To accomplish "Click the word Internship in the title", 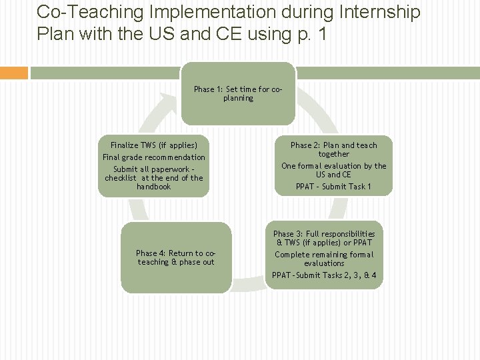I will (x=381, y=12).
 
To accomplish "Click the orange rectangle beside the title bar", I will (x=14, y=73).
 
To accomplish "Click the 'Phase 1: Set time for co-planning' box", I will (x=238, y=93).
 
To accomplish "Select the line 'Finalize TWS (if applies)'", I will (x=154, y=145).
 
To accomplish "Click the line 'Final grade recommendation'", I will (x=154, y=157).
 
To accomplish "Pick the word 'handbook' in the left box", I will (x=154, y=187).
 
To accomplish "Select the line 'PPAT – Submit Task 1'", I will (x=333, y=187).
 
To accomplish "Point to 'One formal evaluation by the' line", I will (x=333, y=166).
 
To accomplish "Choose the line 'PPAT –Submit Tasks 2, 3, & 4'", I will (x=324, y=275).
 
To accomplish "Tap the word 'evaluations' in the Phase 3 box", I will (x=324, y=263).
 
